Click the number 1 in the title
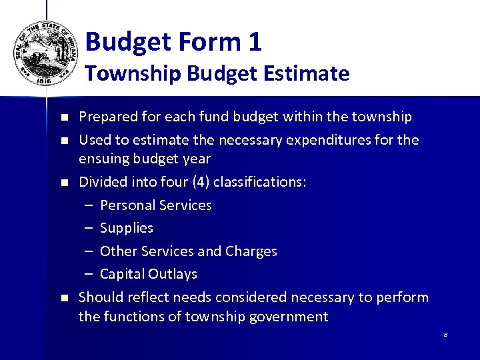(254, 42)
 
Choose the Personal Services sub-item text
(156, 205)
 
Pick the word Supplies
(127, 228)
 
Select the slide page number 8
(445, 334)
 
